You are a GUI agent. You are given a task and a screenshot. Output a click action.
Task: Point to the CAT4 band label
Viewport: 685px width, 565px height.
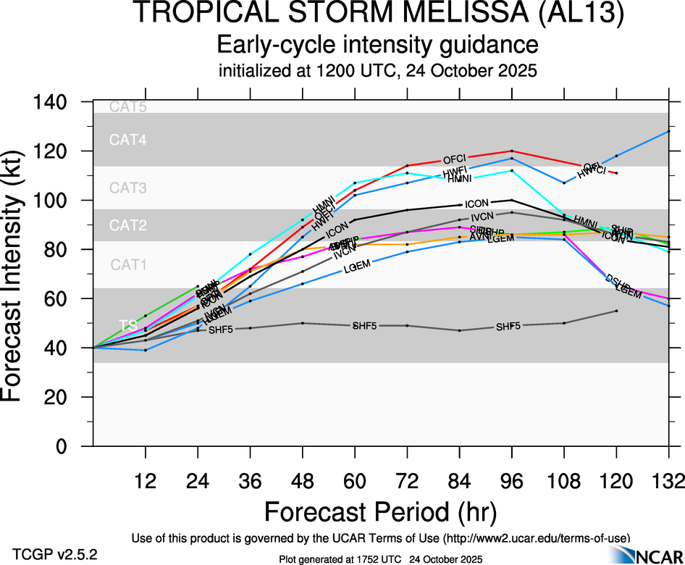[128, 141]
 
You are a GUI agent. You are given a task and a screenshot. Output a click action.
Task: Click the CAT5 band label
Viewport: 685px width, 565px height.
[128, 107]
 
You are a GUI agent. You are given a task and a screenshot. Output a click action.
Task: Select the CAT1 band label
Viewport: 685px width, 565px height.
[128, 265]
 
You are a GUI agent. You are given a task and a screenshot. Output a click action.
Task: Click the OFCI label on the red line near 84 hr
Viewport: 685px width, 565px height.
[454, 159]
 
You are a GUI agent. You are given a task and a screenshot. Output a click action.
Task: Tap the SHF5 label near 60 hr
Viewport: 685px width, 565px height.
[364, 325]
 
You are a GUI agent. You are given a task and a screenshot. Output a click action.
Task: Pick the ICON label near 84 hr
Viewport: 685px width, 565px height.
[478, 204]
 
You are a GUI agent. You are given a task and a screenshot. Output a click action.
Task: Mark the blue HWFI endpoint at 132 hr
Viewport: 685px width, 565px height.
[668, 131]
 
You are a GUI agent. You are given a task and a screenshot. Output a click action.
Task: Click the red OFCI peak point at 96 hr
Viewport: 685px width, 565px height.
[512, 151]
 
